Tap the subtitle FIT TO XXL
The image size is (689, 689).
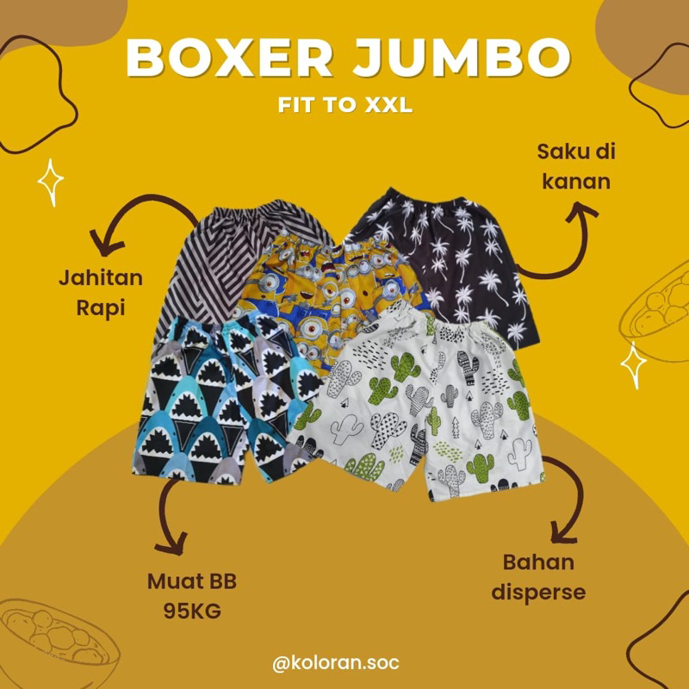coord(345,104)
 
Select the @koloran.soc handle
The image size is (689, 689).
coord(336,662)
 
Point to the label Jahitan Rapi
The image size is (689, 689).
coord(101,293)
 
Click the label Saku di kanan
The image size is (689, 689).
coord(576,166)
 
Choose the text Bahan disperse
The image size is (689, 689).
coord(538,577)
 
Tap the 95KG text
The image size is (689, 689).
coord(192,611)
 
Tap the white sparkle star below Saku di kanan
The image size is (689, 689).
coord(633,365)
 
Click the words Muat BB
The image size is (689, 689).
coord(192,581)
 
